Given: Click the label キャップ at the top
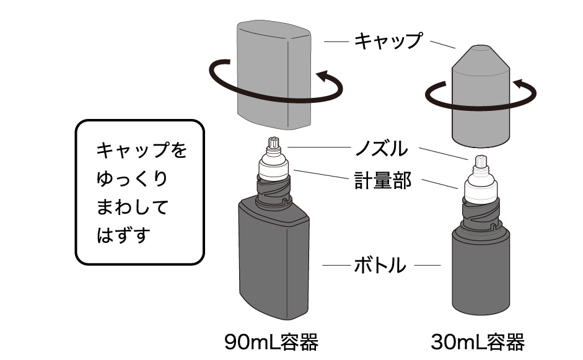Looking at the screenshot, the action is tap(388, 40).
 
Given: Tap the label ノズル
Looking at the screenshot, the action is tap(381, 148).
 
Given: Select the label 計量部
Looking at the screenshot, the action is tap(383, 181).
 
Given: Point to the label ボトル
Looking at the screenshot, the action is tap(380, 265).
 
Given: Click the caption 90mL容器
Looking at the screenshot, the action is tap(271, 342).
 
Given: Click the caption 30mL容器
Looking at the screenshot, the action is tap(478, 342).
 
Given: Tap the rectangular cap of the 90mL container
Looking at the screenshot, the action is tap(274, 75).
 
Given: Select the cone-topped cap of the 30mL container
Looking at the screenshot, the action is tap(481, 96).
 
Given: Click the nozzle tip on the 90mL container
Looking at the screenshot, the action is tap(273, 143).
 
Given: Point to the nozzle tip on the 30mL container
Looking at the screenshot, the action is tap(481, 161).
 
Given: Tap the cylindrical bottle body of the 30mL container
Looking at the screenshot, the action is tap(481, 271).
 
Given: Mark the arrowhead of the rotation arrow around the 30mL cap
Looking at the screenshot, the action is tap(520, 84).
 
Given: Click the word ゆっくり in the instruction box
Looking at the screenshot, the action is tap(132, 178).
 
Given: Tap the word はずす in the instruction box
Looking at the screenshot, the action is tap(123, 235).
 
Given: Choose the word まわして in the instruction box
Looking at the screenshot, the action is tap(132, 207).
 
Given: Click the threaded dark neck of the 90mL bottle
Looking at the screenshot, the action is tap(273, 193).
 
